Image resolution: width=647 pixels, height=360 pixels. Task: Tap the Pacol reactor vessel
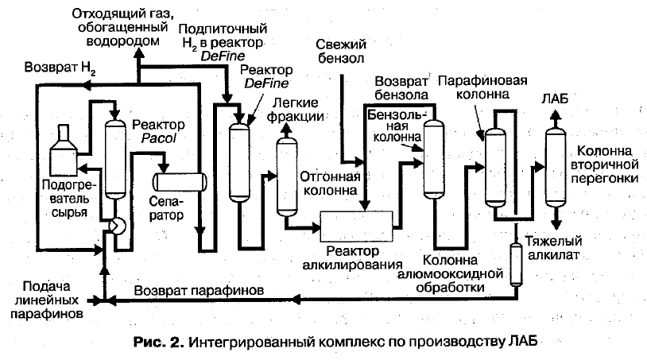pyautogui.click(x=116, y=159)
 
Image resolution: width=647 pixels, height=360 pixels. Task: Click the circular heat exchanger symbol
pyautogui.click(x=117, y=226)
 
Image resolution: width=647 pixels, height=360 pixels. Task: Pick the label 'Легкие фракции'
pyautogui.click(x=296, y=110)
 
